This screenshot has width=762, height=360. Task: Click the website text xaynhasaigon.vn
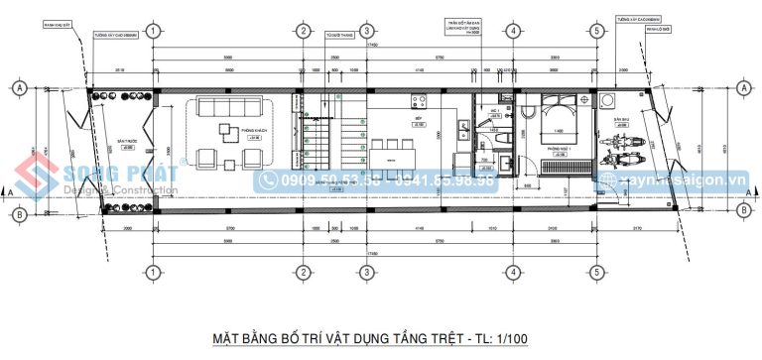pos(686,181)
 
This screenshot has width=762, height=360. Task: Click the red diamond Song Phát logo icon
pos(39,181)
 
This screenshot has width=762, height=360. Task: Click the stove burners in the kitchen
pos(418,100)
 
